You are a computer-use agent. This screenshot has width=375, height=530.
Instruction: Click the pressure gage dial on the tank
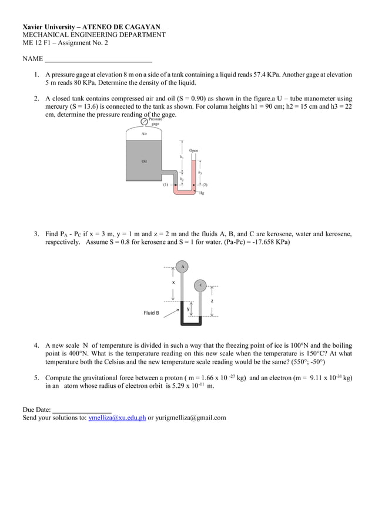(x=145, y=121)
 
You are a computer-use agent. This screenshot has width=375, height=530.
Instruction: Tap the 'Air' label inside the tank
(x=144, y=134)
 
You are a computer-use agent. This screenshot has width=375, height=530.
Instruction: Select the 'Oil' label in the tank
(x=144, y=160)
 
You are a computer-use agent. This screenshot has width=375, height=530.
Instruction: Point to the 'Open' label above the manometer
(x=193, y=150)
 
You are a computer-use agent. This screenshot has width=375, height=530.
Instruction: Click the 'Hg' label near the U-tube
(x=202, y=193)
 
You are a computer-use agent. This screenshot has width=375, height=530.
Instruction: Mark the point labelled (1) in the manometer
(x=166, y=185)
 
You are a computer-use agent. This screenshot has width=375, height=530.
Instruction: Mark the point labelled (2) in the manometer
(x=205, y=185)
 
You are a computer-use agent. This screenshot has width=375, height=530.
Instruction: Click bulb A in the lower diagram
(x=183, y=266)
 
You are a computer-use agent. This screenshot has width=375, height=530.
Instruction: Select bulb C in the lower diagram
(x=200, y=285)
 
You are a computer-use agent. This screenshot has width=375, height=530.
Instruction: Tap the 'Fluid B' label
(x=151, y=313)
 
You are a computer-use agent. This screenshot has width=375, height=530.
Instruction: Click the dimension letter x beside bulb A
(x=173, y=282)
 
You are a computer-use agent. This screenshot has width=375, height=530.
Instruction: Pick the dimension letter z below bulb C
(x=212, y=300)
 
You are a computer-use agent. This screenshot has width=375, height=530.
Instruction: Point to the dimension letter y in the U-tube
(x=188, y=308)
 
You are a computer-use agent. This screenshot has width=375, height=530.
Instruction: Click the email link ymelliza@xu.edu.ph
(x=116, y=418)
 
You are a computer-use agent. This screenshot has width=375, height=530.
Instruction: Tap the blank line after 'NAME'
(x=99, y=59)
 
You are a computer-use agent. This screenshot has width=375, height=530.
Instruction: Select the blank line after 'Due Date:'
(x=82, y=409)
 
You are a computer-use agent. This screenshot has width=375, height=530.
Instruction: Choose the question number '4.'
(x=36, y=345)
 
